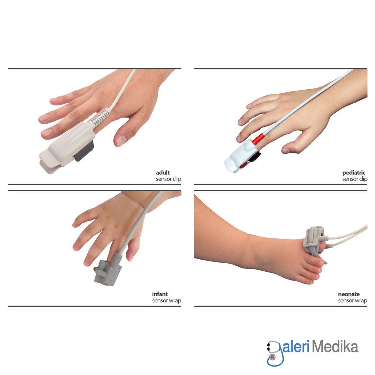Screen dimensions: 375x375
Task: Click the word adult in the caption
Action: tap(163, 172)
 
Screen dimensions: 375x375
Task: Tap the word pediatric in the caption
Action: tap(354, 173)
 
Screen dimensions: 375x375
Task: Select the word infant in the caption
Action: tap(160, 294)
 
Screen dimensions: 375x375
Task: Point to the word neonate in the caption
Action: tap(349, 294)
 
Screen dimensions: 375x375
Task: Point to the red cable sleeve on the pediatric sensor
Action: tap(258, 139)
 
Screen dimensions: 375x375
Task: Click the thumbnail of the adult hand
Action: tap(121, 141)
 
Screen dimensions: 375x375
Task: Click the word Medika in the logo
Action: tap(335, 347)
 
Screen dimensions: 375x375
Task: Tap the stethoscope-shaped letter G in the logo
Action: tap(275, 353)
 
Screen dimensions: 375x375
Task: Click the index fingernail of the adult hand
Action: tap(47, 133)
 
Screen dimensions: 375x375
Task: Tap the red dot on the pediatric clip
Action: tap(244, 165)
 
